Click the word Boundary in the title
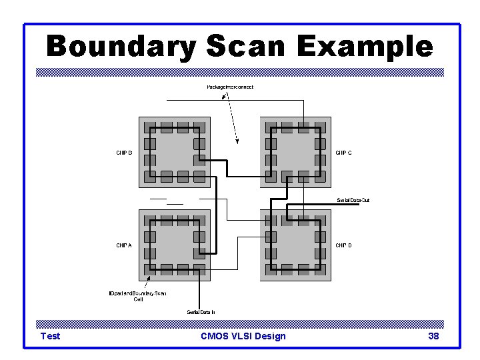[121, 47]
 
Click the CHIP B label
[124, 153]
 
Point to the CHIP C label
[343, 153]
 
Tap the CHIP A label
[124, 245]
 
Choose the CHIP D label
[343, 245]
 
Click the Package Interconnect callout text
[230, 87]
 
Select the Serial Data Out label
[353, 200]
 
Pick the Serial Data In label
[200, 312]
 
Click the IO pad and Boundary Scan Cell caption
[138, 296]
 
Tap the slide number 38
[433, 336]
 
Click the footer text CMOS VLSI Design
[243, 336]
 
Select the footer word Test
[50, 336]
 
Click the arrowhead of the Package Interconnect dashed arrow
[237, 141]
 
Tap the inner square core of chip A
[174, 245]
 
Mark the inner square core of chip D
[295, 245]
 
